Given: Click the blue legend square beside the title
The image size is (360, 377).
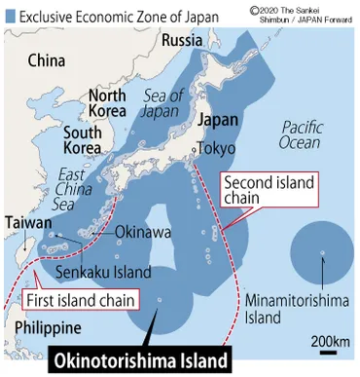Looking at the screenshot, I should (10, 16).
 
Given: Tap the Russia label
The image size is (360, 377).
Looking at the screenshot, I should (182, 40).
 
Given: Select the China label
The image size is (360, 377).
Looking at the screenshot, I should (46, 61).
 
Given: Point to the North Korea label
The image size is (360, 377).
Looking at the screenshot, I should (108, 103).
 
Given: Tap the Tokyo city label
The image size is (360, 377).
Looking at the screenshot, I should (215, 148).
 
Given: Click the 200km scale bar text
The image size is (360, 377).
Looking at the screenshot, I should (331, 341).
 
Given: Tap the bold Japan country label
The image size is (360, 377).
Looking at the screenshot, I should (216, 121).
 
